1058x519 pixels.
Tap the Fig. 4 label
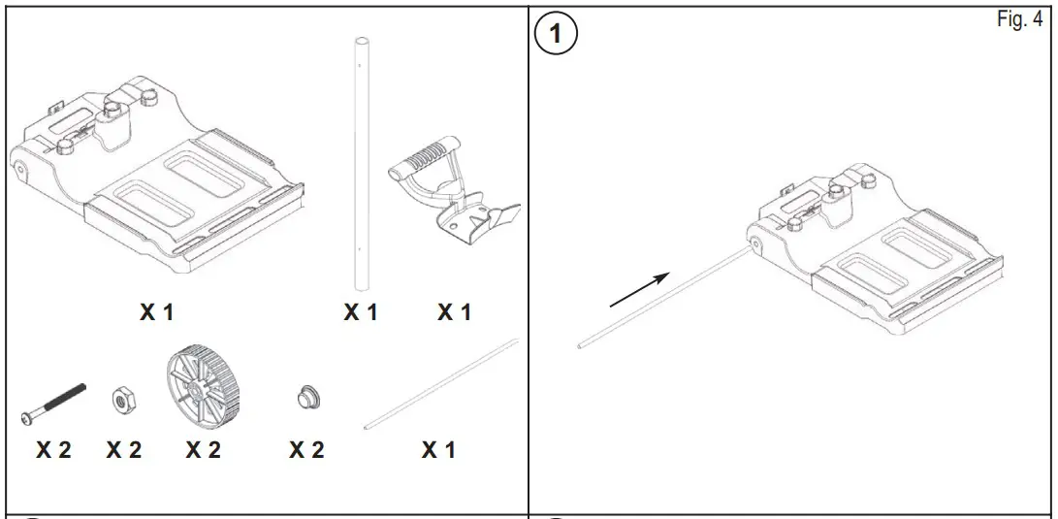click(1018, 21)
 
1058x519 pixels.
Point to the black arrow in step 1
click(640, 290)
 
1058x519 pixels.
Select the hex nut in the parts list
click(124, 399)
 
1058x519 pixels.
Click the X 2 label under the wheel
click(203, 450)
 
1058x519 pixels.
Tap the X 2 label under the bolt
click(53, 450)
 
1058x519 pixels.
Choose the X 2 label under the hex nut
click(124, 450)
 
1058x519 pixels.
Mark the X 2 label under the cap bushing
click(306, 450)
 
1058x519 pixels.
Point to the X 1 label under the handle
click(454, 312)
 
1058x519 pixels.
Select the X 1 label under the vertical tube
click(360, 312)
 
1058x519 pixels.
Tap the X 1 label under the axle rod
click(438, 450)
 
